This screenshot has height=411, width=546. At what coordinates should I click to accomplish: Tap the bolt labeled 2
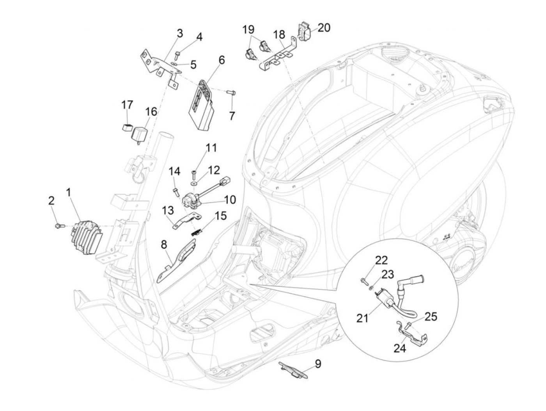click(x=60, y=226)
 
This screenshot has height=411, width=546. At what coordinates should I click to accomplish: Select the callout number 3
click(x=179, y=33)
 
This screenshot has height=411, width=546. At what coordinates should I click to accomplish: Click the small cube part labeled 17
click(x=128, y=127)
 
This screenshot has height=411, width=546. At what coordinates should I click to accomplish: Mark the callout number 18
click(x=279, y=35)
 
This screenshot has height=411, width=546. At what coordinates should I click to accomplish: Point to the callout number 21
click(x=362, y=318)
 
